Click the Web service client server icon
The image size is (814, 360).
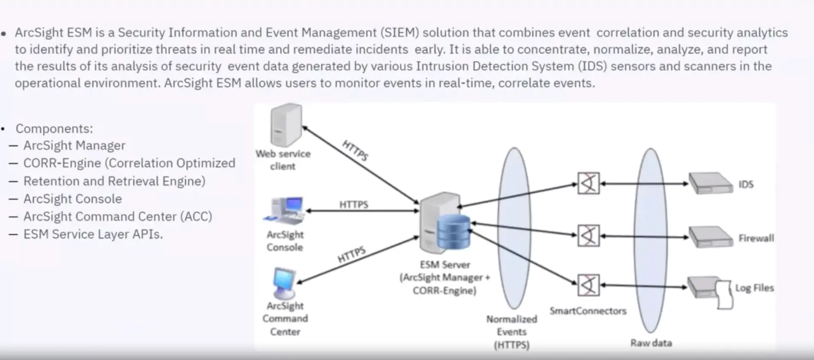pos(286,125)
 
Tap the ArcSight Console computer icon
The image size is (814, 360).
pos(285,210)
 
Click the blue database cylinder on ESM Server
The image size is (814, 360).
pos(453,232)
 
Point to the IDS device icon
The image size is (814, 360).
pos(711,183)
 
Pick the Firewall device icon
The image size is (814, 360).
pos(711,237)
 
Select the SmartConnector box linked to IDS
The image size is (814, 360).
pos(588,183)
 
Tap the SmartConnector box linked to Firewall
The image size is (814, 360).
pos(588,236)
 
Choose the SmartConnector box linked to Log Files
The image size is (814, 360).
pos(588,285)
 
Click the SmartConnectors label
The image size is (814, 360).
pos(588,311)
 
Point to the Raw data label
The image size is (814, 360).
pos(651,343)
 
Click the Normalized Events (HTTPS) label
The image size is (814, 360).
pos(511,332)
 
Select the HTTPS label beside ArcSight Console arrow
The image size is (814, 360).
pos(353,204)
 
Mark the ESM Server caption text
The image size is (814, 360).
pos(444,277)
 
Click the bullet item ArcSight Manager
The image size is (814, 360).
pos(74,145)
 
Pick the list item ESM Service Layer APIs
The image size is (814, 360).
pos(93,234)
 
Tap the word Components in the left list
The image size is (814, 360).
pos(54,129)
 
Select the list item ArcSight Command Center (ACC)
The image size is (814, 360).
pos(118,216)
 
